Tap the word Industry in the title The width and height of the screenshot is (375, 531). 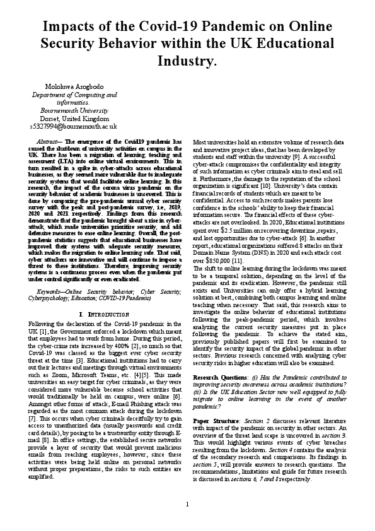pyautogui.click(x=187, y=61)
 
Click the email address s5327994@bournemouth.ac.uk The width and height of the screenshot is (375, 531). pyautogui.click(x=74, y=126)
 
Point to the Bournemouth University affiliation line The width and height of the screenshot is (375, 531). pyautogui.click(x=74, y=110)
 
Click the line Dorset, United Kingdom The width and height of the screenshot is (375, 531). pyautogui.click(x=74, y=118)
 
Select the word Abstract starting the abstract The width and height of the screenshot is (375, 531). pyautogui.click(x=49, y=142)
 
